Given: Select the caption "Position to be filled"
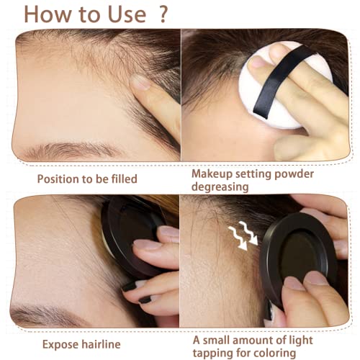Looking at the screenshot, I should pyautogui.click(x=86, y=178).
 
